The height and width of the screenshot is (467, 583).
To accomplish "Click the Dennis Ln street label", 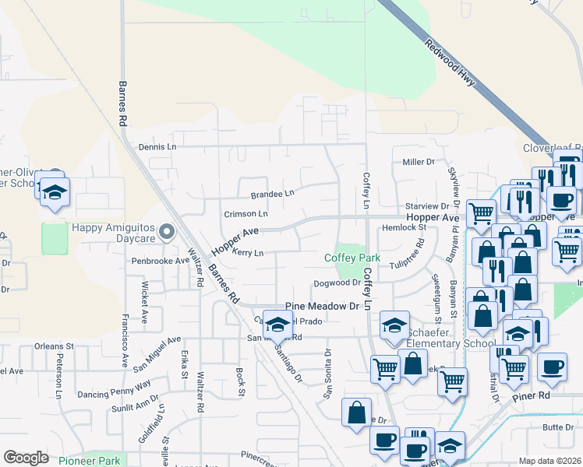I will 157,146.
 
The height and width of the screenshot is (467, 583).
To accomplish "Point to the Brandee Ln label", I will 273,194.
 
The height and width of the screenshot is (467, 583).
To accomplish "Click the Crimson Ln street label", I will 246,213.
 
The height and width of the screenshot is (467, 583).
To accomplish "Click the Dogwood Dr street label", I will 337,283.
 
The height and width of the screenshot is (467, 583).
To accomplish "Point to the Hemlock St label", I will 405,228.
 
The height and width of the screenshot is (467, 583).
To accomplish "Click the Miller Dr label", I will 418,162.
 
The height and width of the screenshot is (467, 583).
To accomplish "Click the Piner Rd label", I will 532,395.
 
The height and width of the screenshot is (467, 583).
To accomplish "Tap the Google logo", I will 26,458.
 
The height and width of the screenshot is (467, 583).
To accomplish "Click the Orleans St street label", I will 53,346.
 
